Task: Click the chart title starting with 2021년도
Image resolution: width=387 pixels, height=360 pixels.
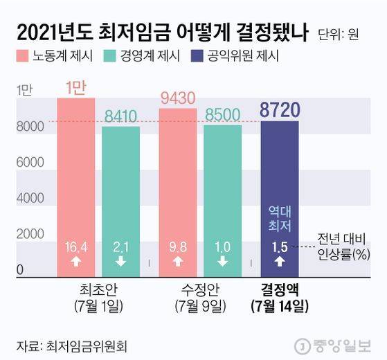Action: pos(161,32)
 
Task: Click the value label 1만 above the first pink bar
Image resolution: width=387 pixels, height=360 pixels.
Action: pos(75,88)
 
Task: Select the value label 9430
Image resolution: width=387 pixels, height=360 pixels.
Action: pos(177,98)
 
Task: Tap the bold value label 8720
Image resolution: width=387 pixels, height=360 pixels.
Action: pos(280,109)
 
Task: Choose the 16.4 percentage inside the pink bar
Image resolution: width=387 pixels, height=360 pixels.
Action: pos(75,246)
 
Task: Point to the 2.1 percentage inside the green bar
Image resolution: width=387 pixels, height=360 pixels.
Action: pos(120,246)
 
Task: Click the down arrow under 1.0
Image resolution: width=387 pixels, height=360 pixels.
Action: pos(223,262)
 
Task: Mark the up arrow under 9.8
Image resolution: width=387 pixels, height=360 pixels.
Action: pos(177,262)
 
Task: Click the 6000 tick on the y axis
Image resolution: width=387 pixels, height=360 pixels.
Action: pos(27,161)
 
